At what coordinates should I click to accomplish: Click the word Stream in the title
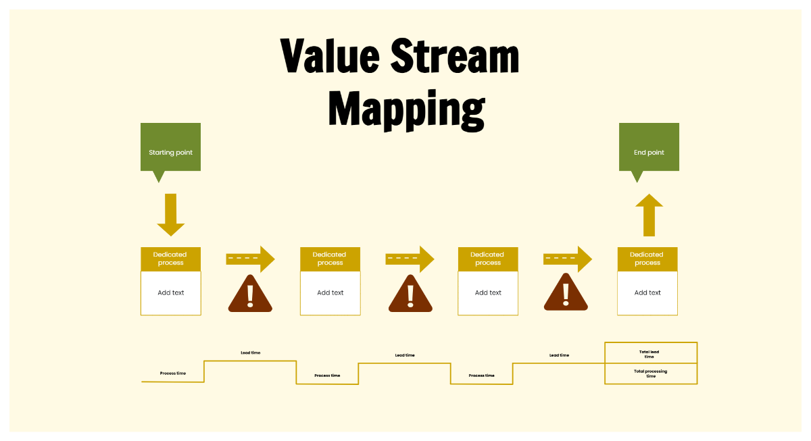455,57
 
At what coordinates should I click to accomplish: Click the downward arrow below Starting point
171,214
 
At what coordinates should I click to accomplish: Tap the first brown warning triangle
250,295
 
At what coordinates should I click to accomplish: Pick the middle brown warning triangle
410,295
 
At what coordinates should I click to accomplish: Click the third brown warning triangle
566,294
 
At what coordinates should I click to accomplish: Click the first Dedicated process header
171,259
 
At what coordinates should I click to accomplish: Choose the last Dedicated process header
647,259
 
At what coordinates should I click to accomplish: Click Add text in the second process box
330,293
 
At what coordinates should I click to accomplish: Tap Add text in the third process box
488,293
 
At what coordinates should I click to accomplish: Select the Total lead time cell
650,353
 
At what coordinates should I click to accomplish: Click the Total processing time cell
650,373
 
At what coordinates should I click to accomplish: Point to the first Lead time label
250,353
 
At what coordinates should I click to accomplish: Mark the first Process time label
173,373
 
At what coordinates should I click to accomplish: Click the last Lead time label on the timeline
559,355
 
